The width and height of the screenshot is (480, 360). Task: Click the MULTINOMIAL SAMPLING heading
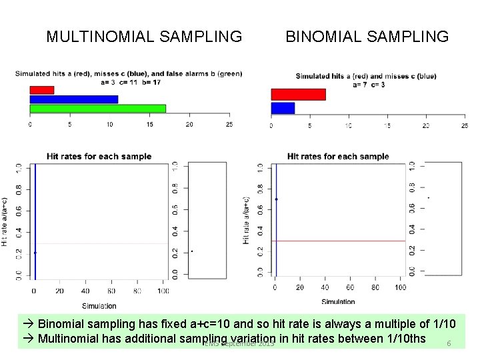(144, 36)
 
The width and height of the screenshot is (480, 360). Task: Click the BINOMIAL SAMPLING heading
(367, 36)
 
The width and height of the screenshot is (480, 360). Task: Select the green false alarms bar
(97, 109)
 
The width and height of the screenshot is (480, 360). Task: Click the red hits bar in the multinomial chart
(41, 90)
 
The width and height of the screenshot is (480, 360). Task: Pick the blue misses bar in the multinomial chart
(73, 99)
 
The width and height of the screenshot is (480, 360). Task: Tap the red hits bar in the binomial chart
(298, 95)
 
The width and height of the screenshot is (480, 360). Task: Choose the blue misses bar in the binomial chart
(283, 108)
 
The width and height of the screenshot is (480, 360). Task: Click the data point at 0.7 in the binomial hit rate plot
(276, 199)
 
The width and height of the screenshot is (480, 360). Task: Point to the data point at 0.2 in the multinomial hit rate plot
(35, 253)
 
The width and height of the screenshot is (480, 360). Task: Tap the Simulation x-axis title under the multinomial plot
(99, 306)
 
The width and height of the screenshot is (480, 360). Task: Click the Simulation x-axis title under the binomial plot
(338, 301)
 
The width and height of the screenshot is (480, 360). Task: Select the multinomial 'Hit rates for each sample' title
(99, 157)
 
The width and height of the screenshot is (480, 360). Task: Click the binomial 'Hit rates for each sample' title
(338, 157)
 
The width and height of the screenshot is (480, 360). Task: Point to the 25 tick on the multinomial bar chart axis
(229, 124)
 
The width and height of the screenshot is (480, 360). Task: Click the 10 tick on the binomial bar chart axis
(348, 125)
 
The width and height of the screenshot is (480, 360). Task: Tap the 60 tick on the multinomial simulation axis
(111, 291)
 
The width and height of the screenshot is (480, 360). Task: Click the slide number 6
(449, 343)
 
